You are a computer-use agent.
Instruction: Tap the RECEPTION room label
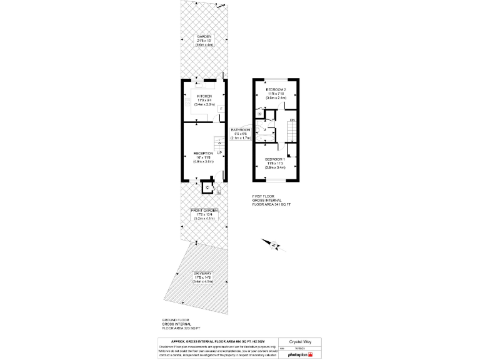tap(203, 153)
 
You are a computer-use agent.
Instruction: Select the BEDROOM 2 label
tap(276, 90)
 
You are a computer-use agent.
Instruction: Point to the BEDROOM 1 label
tap(276, 159)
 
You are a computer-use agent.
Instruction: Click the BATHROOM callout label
tap(241, 129)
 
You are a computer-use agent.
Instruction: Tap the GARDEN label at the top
tap(204, 37)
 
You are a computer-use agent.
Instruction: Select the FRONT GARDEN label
tap(204, 211)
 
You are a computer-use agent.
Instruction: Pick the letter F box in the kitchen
tap(221, 109)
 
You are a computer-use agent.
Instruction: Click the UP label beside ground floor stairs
tap(219, 152)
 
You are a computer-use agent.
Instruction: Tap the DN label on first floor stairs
tap(292, 119)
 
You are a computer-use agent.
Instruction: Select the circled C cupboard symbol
tap(207, 187)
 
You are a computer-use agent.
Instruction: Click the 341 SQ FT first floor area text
tap(272, 204)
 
